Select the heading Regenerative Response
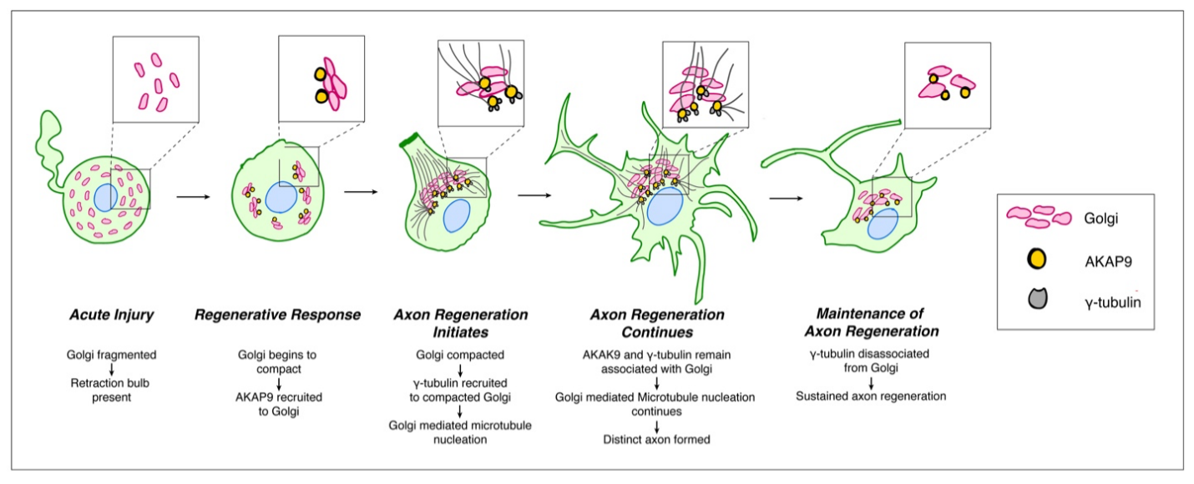(277, 315)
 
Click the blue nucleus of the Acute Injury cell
(106, 198)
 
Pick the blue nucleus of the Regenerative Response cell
(279, 200)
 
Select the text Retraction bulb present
(112, 391)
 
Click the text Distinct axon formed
(656, 439)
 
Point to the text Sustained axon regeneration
(871, 396)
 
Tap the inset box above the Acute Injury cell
(156, 79)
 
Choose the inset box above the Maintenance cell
(947, 86)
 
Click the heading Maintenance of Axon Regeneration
(871, 322)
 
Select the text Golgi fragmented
(112, 355)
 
